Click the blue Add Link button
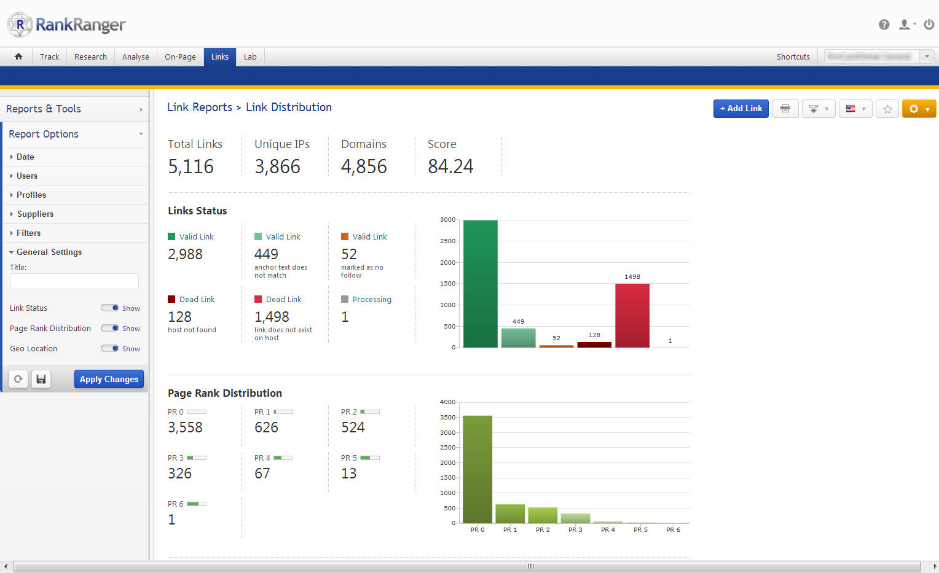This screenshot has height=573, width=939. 741,109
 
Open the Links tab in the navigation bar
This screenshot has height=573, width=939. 220,57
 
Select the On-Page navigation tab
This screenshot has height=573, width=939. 180,57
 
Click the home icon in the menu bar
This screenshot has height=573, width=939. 18,57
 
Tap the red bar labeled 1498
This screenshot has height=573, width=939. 632,316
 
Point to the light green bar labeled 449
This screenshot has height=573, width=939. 518,338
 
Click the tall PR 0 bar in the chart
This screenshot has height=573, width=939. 477,469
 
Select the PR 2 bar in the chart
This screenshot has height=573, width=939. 543,515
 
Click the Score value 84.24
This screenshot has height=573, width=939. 450,166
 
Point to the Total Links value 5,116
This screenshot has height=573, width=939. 191,166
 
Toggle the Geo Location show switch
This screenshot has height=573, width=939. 111,348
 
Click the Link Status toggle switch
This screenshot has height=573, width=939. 111,308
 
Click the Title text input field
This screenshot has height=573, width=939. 74,281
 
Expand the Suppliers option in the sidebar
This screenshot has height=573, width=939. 35,214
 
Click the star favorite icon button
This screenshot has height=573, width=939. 887,109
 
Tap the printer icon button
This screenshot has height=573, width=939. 785,109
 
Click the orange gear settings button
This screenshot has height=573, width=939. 919,109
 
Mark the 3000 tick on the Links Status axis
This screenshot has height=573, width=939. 448,220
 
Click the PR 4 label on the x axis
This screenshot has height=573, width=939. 608,529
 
